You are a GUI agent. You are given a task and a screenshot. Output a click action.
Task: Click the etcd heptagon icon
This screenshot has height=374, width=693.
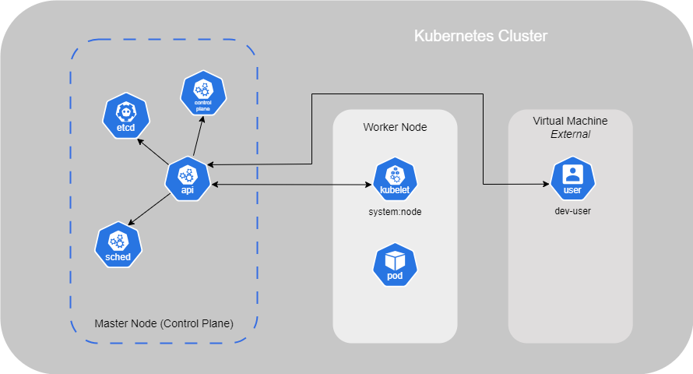pos(126,116)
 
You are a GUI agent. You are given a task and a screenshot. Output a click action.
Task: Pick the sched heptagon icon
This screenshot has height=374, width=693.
pos(118,245)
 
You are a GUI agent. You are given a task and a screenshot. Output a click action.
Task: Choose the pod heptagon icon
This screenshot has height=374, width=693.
pos(396,265)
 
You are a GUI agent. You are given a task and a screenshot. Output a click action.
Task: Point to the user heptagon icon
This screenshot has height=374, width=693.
pos(572,179)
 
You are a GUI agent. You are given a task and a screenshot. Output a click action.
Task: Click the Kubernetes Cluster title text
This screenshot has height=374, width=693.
pos(480,37)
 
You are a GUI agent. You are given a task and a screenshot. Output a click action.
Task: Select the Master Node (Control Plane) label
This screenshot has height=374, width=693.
pos(164,323)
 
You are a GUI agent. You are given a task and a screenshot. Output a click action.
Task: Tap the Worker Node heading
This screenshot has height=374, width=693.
pos(395,127)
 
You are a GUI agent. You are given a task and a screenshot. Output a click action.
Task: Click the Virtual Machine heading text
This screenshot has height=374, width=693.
pos(570,121)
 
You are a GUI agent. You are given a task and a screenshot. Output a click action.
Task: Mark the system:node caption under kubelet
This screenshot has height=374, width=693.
pos(395,211)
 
